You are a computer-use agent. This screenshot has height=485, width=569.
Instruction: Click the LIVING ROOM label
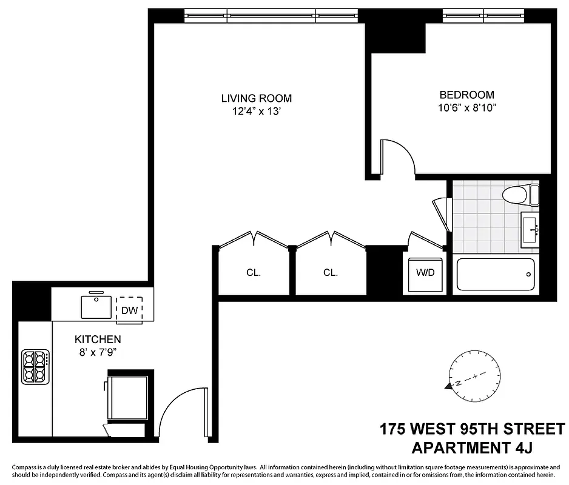point(256,98)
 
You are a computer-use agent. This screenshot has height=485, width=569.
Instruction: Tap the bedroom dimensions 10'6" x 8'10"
point(466,107)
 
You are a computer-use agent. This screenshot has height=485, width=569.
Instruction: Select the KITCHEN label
point(98,339)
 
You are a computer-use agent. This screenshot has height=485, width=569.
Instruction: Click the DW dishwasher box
point(129,310)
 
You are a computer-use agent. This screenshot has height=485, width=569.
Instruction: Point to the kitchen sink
point(96,306)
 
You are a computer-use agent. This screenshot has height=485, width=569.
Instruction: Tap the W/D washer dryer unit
point(425,273)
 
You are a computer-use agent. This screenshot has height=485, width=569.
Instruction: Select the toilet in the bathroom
point(519,195)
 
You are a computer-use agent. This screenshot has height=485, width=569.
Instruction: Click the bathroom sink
point(531,230)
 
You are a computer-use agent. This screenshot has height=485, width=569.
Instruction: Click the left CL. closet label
point(254,273)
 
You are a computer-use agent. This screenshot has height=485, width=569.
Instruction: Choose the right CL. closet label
point(330,273)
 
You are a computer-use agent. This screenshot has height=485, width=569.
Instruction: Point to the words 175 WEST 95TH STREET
point(472,430)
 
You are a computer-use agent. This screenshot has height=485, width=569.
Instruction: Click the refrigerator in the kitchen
point(127,397)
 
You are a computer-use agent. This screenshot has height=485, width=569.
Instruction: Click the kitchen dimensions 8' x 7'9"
point(98,352)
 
